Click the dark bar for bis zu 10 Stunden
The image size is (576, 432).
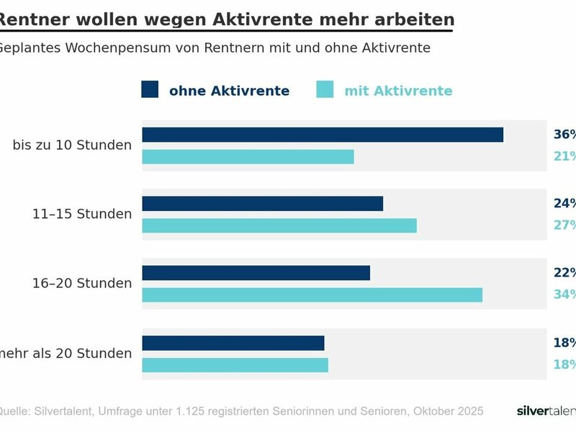click(x=323, y=135)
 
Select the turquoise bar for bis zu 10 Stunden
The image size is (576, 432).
click(x=248, y=157)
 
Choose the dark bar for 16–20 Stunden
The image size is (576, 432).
click(x=256, y=273)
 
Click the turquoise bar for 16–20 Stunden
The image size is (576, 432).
click(x=312, y=294)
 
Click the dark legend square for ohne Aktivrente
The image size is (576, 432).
click(x=150, y=89)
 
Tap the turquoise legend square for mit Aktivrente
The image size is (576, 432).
click(x=325, y=89)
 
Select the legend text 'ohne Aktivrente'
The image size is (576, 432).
click(x=229, y=91)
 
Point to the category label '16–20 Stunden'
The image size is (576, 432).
click(x=82, y=283)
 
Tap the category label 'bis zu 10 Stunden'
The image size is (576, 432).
click(x=72, y=145)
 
